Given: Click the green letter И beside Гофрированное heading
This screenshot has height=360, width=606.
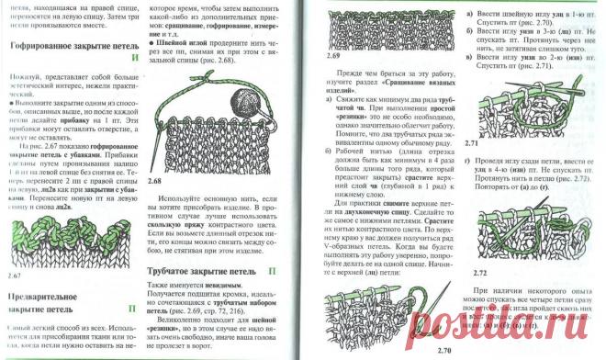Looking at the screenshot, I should point(136,56).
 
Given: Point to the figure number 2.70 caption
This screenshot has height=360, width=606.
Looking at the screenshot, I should point(444,351).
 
